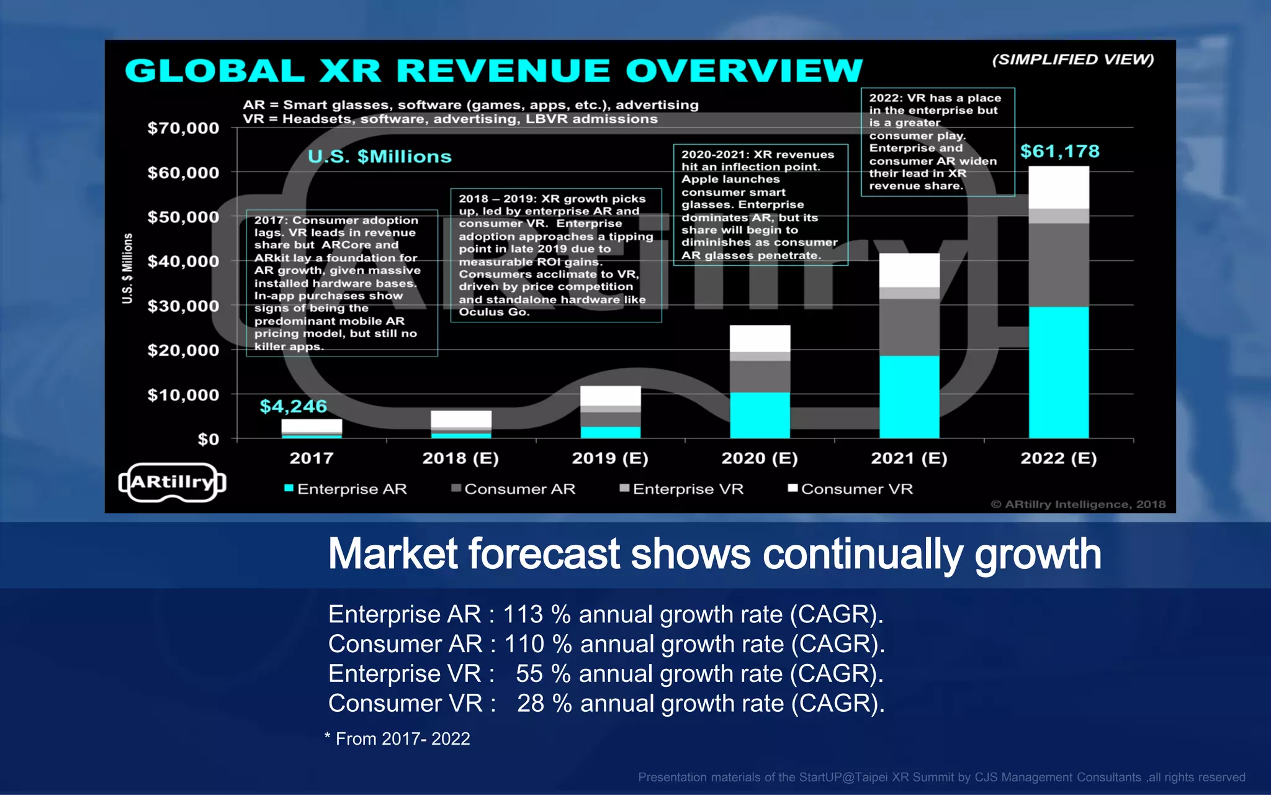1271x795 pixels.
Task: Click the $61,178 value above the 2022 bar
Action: pos(1059,151)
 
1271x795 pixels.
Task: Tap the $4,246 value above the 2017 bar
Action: pos(293,406)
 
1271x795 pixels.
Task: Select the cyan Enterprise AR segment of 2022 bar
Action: pos(1059,372)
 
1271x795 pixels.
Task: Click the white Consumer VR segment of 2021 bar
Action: pos(909,270)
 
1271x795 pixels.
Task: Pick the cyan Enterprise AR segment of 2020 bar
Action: pos(760,415)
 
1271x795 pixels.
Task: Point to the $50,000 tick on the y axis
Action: pos(183,217)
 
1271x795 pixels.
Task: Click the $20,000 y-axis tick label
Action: pos(183,350)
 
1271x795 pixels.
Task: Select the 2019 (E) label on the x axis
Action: pos(609,458)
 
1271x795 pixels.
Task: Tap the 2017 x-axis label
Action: pos(311,458)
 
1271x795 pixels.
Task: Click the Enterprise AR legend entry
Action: pos(346,489)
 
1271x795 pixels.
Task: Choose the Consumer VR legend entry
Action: pos(851,489)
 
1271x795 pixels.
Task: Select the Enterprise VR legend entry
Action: pos(682,489)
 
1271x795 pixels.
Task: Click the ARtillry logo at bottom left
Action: pos(172,482)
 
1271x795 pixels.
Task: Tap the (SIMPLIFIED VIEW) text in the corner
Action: pos(1072,60)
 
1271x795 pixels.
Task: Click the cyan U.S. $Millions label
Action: pos(379,157)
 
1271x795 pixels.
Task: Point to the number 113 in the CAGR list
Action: pos(523,614)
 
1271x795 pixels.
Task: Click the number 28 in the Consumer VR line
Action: pos(531,704)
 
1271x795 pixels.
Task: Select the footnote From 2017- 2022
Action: pos(398,738)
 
